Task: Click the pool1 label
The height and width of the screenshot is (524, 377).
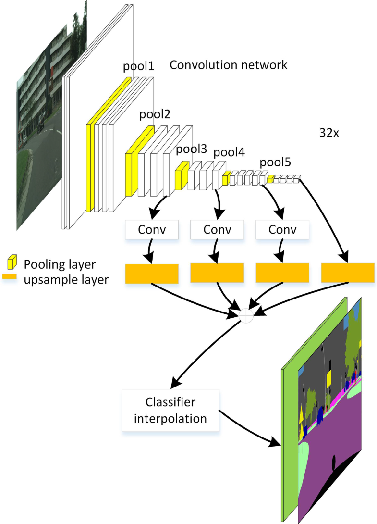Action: pyautogui.click(x=138, y=66)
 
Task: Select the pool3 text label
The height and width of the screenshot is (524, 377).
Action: pyautogui.click(x=191, y=149)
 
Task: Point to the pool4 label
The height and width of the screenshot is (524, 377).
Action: pyautogui.click(x=229, y=152)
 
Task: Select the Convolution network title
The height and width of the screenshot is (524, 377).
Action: pyautogui.click(x=229, y=64)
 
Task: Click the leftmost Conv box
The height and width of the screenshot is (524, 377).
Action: pyautogui.click(x=152, y=230)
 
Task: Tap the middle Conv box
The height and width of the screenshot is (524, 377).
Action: pyautogui.click(x=217, y=230)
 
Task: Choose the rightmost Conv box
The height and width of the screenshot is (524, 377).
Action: pyautogui.click(x=282, y=230)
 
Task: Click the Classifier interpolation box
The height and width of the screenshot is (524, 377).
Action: pyautogui.click(x=170, y=410)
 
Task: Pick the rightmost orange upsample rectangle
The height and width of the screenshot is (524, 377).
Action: pyautogui.click(x=348, y=273)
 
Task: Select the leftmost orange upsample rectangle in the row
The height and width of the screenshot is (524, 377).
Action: pyautogui.click(x=152, y=274)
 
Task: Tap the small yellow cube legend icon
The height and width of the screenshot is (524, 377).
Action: pyautogui.click(x=12, y=262)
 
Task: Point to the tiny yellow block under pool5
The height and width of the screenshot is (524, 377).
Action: pyautogui.click(x=270, y=179)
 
